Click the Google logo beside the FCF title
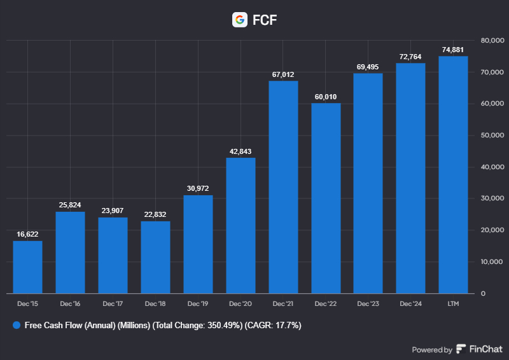[240, 20]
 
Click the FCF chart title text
[265, 20]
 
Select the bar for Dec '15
[27, 267]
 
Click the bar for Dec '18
[155, 258]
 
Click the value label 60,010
[326, 97]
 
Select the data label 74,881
[453, 50]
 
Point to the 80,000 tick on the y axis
[492, 41]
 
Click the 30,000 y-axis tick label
[492, 198]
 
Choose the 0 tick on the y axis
[484, 293]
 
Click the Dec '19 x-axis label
[198, 305]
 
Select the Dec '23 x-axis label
[368, 305]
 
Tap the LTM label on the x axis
[453, 305]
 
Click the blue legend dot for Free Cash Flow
[17, 325]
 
